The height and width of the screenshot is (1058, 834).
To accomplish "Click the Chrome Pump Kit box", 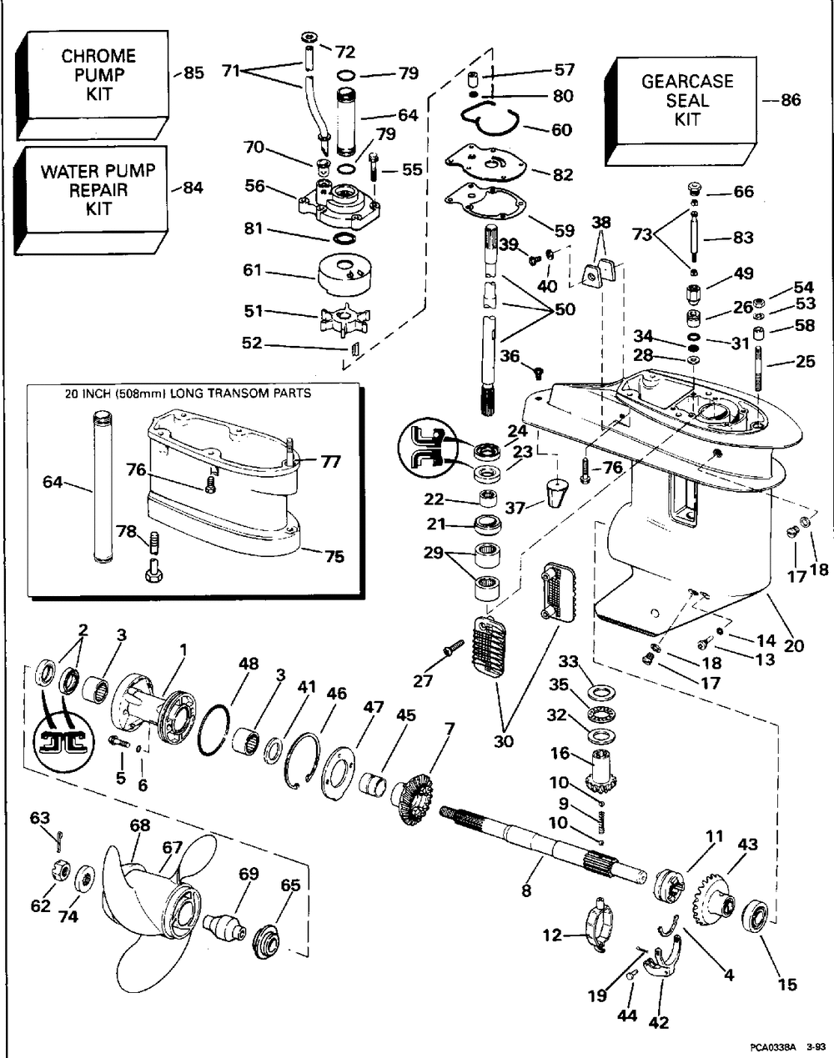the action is point(93,84).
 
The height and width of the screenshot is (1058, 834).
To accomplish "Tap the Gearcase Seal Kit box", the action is point(681,111).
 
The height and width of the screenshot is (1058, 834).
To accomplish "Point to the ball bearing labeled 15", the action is point(755,917).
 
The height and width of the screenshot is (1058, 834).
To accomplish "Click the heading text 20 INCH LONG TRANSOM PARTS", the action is point(188,394).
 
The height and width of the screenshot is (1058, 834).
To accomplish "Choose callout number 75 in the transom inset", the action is point(334,557).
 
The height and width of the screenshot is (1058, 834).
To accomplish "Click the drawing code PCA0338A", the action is point(771,1048).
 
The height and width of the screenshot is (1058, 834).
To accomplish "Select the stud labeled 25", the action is point(759,367).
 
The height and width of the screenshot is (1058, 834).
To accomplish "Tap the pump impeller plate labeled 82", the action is point(486,163).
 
